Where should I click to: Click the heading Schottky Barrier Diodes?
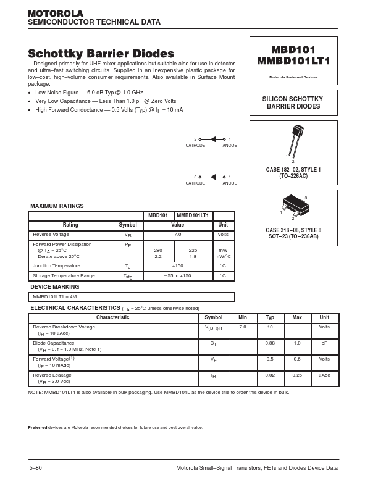pyautogui.click(x=101, y=54)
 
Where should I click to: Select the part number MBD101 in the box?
pyautogui.click(x=293, y=49)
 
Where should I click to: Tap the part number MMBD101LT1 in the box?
pyautogui.click(x=293, y=61)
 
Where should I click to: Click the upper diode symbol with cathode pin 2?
pyautogui.click(x=213, y=140)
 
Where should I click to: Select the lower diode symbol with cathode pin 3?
pyautogui.click(x=213, y=177)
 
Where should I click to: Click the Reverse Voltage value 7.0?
pyautogui.click(x=177, y=235)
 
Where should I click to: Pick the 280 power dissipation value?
pyautogui.click(x=158, y=250)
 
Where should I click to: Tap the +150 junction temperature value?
pyautogui.click(x=177, y=265)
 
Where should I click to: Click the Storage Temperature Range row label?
pyautogui.click(x=64, y=275)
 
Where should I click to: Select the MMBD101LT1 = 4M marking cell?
pyautogui.click(x=54, y=297)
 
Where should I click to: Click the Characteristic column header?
pyautogui.click(x=113, y=317)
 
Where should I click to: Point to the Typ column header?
pyautogui.click(x=270, y=317)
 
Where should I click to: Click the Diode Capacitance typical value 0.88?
pyautogui.click(x=270, y=343)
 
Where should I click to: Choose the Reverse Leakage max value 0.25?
pyautogui.click(x=297, y=375)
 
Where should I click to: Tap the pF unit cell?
pyautogui.click(x=324, y=343)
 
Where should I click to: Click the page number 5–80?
pyautogui.click(x=36, y=468)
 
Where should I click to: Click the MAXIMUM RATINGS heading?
pyautogui.click(x=57, y=206)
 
